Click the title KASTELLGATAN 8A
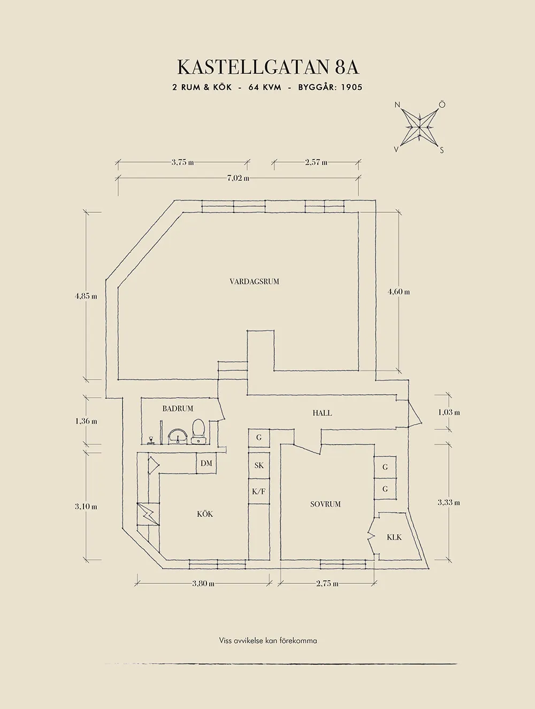[267, 67]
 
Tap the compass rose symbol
[420, 127]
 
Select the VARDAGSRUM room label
[254, 281]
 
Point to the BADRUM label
[178, 409]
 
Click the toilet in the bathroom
[198, 431]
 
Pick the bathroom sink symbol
[177, 436]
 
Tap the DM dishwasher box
[207, 464]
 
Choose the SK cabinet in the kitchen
[259, 466]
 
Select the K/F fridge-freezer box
[259, 491]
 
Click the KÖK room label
[205, 514]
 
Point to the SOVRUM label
[325, 504]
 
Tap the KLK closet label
[394, 537]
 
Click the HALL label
[322, 413]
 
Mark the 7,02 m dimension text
[238, 178]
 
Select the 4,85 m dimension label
[86, 296]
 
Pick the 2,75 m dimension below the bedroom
[327, 583]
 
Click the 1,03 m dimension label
[449, 412]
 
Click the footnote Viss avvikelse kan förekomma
[267, 640]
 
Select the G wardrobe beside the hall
[259, 437]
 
